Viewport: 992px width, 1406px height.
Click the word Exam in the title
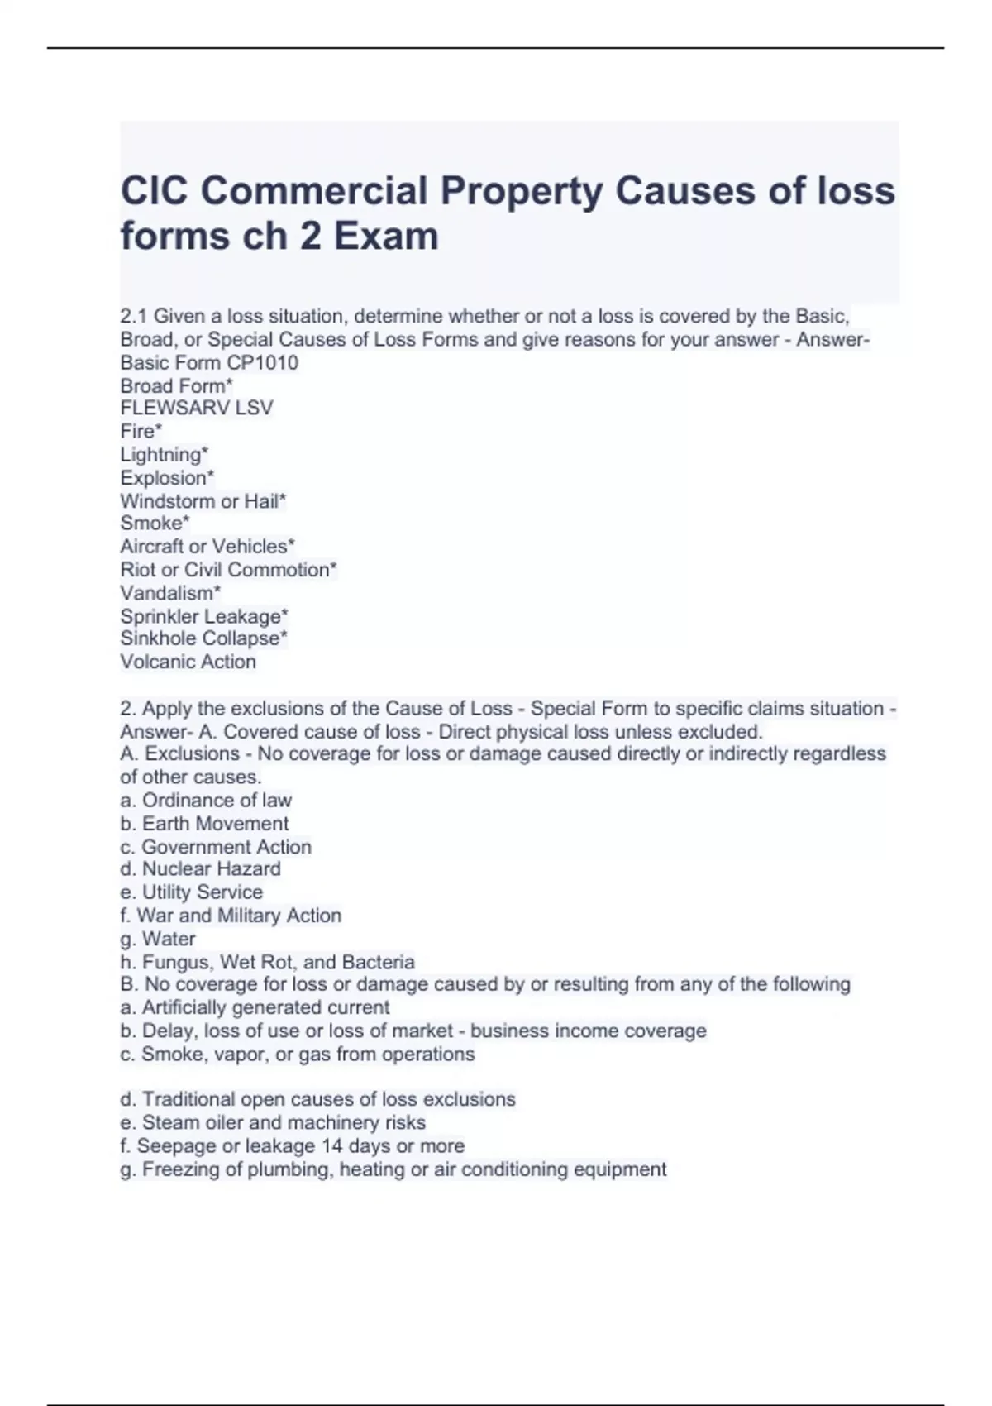[386, 236]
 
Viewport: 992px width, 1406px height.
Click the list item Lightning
[164, 454]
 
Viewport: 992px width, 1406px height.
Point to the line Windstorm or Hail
[203, 500]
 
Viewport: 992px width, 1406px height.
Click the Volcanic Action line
[188, 662]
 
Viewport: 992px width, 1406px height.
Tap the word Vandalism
[169, 593]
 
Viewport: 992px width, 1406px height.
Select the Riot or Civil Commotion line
[228, 570]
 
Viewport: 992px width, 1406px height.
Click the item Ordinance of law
[216, 800]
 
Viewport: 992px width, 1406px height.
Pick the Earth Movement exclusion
[215, 823]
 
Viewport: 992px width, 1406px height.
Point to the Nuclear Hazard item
[211, 868]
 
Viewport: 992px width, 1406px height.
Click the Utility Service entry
[202, 892]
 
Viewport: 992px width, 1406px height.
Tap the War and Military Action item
[238, 915]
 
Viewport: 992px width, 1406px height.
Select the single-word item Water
[169, 939]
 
